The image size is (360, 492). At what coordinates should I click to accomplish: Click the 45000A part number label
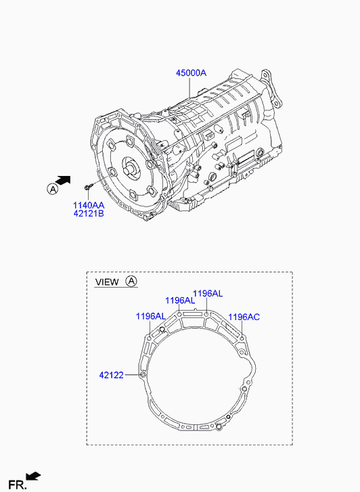click(191, 73)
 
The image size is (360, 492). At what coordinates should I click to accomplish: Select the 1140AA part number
click(89, 206)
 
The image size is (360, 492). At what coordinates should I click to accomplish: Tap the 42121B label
click(89, 214)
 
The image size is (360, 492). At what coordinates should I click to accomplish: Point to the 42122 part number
click(112, 375)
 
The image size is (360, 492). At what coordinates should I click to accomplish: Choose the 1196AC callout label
click(244, 317)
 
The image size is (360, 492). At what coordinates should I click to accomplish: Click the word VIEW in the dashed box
click(107, 282)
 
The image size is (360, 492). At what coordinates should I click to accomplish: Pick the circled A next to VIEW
click(131, 281)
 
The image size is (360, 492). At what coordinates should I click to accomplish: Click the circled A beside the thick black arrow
click(53, 189)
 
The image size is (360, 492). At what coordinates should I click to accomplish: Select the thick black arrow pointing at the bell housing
click(63, 181)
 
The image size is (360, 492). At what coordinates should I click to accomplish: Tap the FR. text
click(18, 485)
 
